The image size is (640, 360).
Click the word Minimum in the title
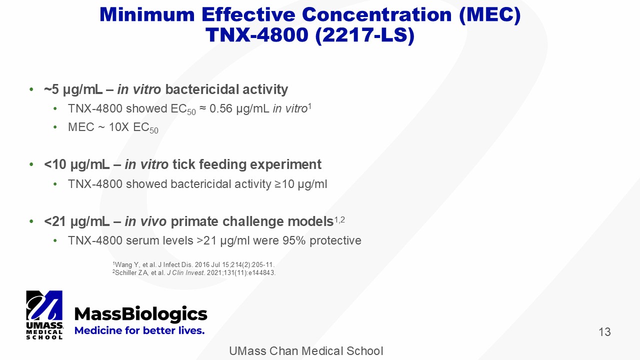click(147, 14)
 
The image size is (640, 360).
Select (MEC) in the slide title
click(489, 15)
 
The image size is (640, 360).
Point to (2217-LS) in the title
click(365, 35)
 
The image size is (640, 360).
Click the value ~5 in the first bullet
click(51, 89)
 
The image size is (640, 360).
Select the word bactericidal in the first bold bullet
click(202, 89)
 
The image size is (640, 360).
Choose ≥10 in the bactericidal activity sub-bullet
click(284, 184)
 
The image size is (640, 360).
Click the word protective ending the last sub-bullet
click(335, 241)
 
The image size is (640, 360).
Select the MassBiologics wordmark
click(141, 314)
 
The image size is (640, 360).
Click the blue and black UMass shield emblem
click(44, 305)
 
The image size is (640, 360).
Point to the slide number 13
click(604, 332)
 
